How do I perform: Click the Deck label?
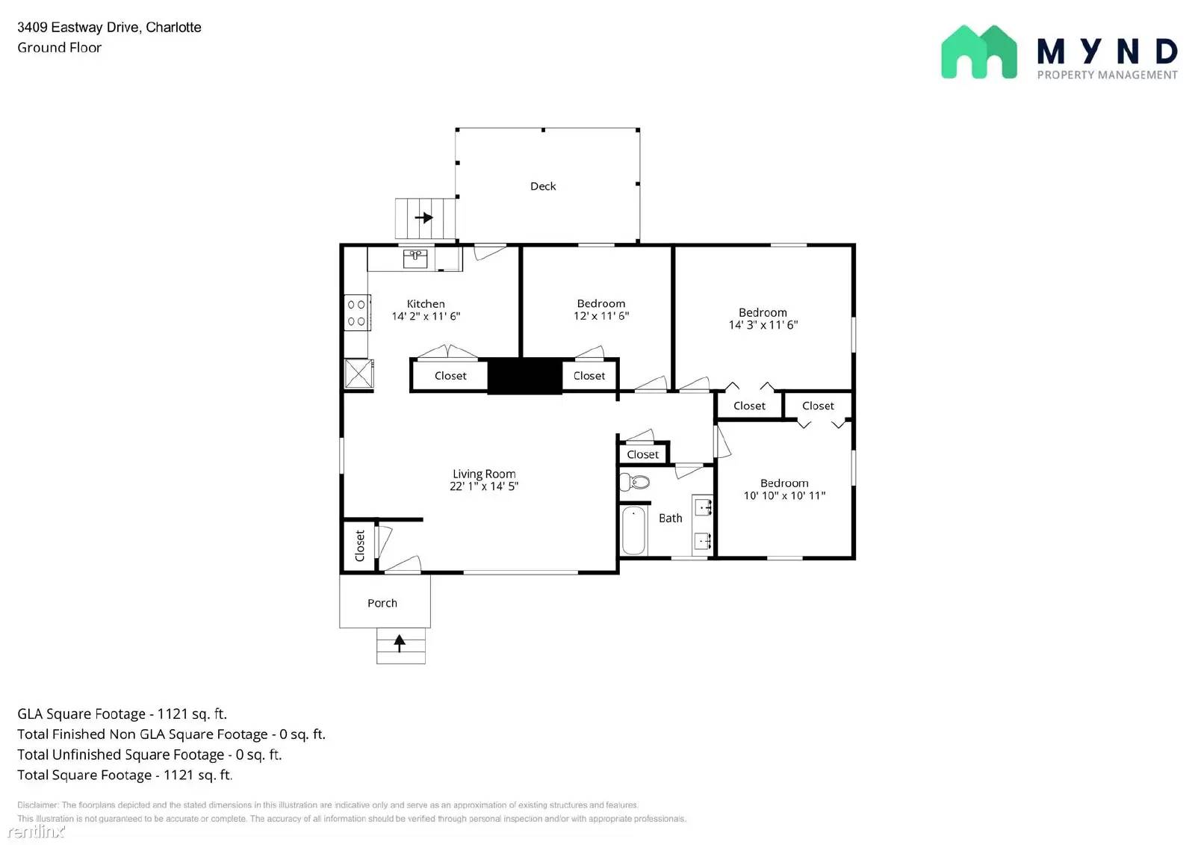pyautogui.click(x=543, y=186)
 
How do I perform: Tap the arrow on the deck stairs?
pyautogui.click(x=423, y=218)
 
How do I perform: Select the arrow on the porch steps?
pyautogui.click(x=400, y=642)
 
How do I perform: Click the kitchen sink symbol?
pyautogui.click(x=415, y=259)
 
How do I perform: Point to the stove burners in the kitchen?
pyautogui.click(x=356, y=313)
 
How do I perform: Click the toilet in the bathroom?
pyautogui.click(x=634, y=482)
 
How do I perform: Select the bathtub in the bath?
pyautogui.click(x=633, y=530)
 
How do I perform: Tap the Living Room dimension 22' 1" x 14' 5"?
pyautogui.click(x=484, y=486)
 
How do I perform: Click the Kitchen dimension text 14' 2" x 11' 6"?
pyautogui.click(x=426, y=316)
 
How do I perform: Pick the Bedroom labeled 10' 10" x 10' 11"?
pyautogui.click(x=784, y=489)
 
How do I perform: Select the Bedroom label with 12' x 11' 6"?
pyautogui.click(x=601, y=309)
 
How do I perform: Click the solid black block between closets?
pyautogui.click(x=524, y=376)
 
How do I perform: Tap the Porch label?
pyautogui.click(x=382, y=603)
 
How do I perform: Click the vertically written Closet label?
pyautogui.click(x=360, y=545)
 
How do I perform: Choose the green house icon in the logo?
pyautogui.click(x=978, y=52)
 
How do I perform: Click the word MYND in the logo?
pyautogui.click(x=1107, y=51)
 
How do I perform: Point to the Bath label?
pyautogui.click(x=670, y=518)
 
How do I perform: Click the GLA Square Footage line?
pyautogui.click(x=122, y=714)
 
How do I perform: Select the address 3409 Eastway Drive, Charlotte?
pyautogui.click(x=109, y=27)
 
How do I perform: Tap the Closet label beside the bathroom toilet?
pyautogui.click(x=642, y=454)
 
